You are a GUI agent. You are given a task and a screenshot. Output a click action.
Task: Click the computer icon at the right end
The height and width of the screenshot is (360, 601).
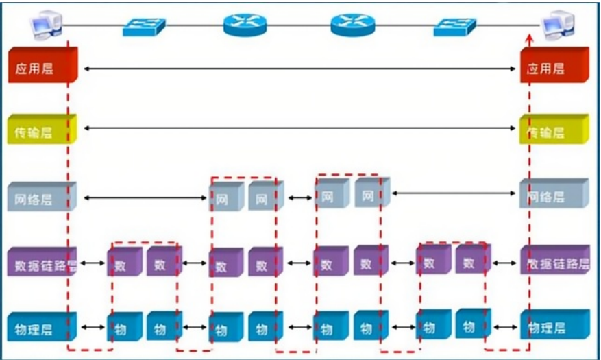click(555, 26)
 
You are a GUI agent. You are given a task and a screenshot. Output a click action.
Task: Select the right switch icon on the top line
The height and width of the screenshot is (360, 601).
click(454, 26)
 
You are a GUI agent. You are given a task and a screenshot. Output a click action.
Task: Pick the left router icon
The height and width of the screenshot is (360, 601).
click(243, 25)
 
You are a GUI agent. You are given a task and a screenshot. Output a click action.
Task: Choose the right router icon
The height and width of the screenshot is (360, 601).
click(352, 25)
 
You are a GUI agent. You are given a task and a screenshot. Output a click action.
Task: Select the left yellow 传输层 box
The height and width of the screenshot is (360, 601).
click(41, 130)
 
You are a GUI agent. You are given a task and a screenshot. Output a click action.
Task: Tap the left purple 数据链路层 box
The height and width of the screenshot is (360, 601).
click(41, 263)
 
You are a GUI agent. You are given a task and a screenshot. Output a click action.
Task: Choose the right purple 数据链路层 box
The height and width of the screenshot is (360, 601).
click(554, 262)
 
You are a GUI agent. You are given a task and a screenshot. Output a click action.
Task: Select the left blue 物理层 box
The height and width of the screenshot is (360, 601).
click(41, 326)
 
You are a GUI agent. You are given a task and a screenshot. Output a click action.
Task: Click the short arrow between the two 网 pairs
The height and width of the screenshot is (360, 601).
click(299, 198)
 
